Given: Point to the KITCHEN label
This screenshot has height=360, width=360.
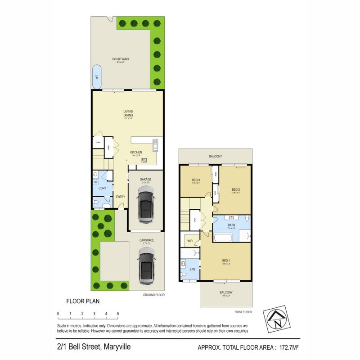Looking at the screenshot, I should (136, 153).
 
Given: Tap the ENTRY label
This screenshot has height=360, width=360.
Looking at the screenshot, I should (121, 197).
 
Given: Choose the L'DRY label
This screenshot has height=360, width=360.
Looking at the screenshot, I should (102, 188).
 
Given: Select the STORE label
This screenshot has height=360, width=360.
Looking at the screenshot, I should (98, 143).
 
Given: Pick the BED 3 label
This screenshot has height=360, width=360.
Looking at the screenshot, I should (195, 180).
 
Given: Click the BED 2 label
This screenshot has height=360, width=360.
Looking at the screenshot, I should (236, 189).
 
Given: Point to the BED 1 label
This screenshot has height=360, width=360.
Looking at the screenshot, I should (226, 261).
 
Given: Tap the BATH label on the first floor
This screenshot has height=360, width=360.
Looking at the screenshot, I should (231, 225).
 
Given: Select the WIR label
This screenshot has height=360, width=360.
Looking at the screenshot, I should (190, 241).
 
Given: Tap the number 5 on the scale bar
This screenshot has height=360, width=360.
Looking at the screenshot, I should (118, 313).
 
